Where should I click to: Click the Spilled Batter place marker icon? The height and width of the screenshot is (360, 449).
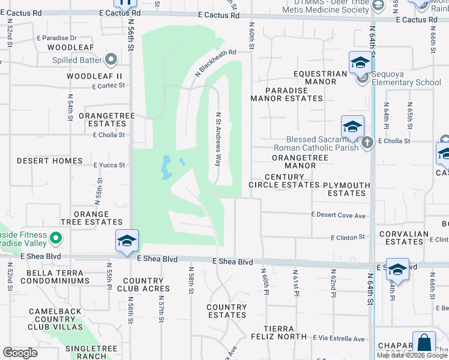(x=110, y=59)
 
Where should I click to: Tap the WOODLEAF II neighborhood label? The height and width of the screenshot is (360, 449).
(x=94, y=76)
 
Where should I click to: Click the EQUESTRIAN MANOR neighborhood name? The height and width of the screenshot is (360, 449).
(x=321, y=78)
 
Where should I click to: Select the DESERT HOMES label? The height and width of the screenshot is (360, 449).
(x=49, y=161)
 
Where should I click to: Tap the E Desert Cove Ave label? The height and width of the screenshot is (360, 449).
(x=339, y=215)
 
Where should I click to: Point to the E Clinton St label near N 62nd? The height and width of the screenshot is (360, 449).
(x=348, y=238)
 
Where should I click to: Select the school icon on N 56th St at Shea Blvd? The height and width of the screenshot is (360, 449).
(x=127, y=241)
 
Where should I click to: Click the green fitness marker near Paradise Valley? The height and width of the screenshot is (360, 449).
(x=56, y=239)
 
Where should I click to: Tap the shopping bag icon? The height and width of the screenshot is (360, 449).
(x=424, y=344)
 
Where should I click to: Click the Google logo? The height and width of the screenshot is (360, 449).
(x=20, y=353)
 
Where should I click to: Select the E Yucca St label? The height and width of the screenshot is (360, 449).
(x=109, y=165)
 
